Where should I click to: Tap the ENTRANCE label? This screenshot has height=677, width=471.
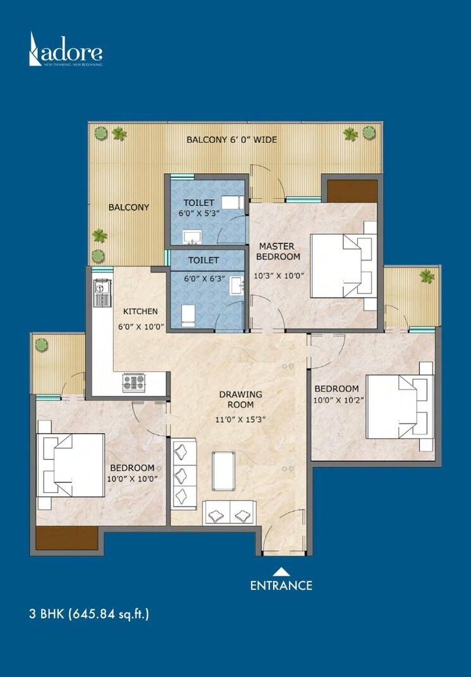[x=281, y=585]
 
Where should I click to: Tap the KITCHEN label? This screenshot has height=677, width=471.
[x=140, y=311]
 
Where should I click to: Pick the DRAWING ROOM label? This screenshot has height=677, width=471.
[x=240, y=399]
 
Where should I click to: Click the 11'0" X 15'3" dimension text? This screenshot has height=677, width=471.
[x=240, y=419]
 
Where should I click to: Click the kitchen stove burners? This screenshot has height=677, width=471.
[x=133, y=382]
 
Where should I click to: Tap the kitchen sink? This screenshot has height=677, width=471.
[x=99, y=293]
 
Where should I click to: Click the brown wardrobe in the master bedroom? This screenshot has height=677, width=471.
[x=352, y=190]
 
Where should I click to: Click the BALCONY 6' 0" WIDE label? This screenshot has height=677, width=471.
[x=231, y=140]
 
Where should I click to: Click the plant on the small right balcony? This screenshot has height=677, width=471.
[x=427, y=276]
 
